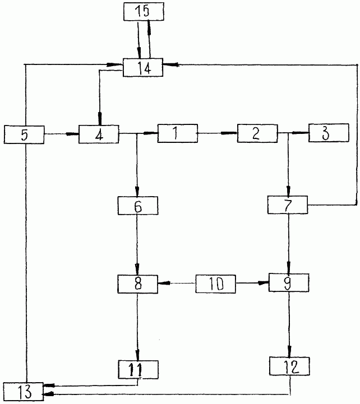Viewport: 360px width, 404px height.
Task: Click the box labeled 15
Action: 144,12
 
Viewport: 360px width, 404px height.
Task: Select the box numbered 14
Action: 143,67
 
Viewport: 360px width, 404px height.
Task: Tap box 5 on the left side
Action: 24,134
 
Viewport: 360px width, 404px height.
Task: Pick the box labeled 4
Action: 99,134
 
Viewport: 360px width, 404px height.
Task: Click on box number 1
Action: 178,133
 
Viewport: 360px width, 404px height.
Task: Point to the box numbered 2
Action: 257,133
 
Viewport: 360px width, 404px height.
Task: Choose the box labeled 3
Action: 329,133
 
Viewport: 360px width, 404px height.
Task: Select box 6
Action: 138,206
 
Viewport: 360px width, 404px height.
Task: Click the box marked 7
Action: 288,205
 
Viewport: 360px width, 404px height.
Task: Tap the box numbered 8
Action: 138,284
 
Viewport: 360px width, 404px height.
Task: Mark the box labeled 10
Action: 215,284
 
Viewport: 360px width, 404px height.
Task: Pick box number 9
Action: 289,282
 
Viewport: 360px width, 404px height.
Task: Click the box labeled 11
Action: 138,370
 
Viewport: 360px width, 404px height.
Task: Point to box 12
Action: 289,366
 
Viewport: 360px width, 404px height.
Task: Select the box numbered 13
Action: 24,392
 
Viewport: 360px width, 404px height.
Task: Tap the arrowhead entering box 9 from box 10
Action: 264,283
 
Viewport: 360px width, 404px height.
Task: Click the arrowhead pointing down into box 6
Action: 137,192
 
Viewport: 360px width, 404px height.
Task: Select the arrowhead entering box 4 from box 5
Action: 72,134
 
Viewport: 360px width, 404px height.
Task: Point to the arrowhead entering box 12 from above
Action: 289,351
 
